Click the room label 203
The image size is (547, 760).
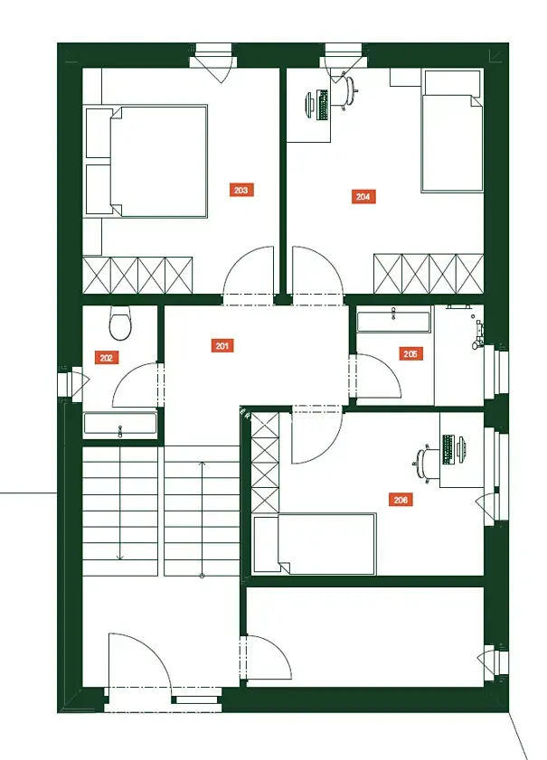click(241, 190)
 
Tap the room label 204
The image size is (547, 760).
click(363, 196)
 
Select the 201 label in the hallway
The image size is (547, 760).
click(222, 345)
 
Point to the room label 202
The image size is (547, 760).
click(106, 358)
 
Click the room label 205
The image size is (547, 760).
click(410, 354)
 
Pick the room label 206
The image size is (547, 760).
click(401, 499)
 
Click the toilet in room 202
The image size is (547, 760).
click(120, 323)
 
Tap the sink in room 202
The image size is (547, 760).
click(120, 424)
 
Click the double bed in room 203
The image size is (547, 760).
click(146, 161)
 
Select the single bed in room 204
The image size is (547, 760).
click(452, 131)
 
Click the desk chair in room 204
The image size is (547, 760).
click(347, 91)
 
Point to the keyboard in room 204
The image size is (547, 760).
click(322, 105)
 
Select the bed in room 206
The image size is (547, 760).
click(315, 543)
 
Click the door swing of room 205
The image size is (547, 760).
click(378, 377)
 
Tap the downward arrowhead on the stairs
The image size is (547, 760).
click(119, 558)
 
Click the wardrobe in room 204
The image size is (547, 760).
click(429, 274)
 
